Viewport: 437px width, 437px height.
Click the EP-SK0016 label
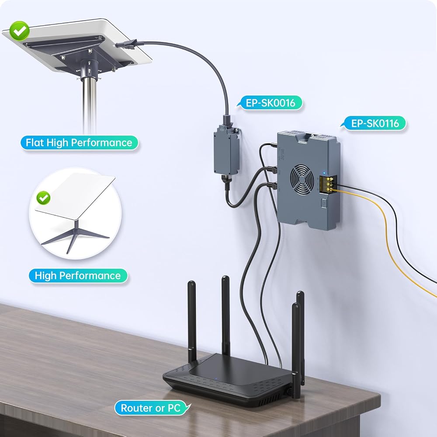coord(270,103)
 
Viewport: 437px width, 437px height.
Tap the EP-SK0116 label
coord(375,123)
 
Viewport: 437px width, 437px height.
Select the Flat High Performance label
coord(79,143)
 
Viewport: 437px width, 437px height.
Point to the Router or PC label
coord(151,408)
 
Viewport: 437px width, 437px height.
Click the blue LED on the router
coord(216,379)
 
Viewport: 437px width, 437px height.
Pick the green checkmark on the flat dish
coord(19,31)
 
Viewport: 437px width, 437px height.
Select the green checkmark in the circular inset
coord(43,198)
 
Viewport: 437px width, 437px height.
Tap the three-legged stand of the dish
coord(75,236)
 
